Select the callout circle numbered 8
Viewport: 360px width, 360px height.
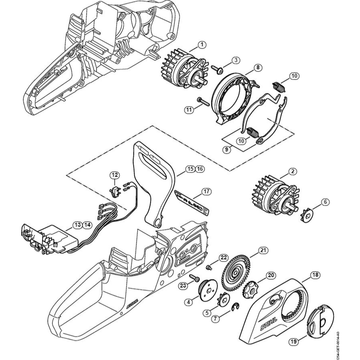coord(258,67)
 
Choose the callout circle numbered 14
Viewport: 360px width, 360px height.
coord(86,225)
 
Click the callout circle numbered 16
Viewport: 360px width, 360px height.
coord(200,169)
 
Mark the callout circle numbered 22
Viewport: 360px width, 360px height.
coord(224,257)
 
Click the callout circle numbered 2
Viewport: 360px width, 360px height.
coord(293,172)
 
